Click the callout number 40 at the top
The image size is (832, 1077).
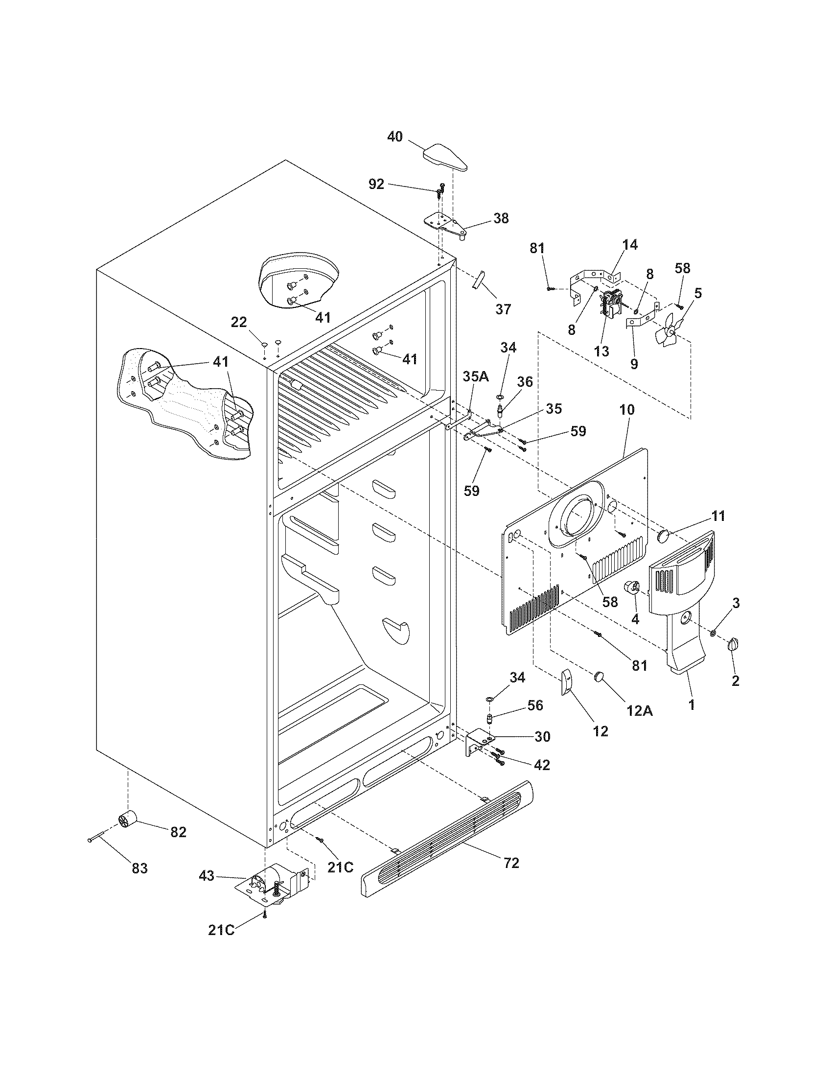tap(394, 137)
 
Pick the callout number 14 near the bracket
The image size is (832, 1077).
tap(629, 245)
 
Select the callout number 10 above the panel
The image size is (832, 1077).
tap(627, 410)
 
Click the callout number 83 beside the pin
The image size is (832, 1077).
tap(139, 868)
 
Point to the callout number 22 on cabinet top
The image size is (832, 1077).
tap(239, 322)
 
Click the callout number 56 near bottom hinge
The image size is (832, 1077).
tap(535, 705)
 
